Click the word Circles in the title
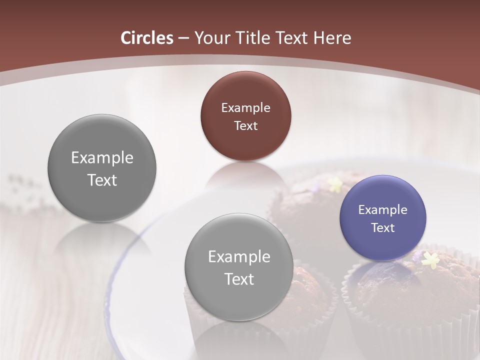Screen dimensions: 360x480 (147, 38)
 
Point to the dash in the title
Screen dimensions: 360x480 (183, 38)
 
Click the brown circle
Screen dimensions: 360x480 (245, 116)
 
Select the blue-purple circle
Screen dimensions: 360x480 (383, 218)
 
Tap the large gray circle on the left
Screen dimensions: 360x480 (102, 168)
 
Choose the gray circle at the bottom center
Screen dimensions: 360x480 (239, 267)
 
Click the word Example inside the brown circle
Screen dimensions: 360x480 (245, 107)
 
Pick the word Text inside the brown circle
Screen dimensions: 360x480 (245, 125)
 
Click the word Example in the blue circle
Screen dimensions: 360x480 (383, 209)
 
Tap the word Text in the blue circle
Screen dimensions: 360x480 (383, 227)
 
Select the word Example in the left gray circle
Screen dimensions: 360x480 (102, 157)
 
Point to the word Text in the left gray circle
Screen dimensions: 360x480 (102, 180)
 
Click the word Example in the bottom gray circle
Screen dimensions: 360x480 (239, 256)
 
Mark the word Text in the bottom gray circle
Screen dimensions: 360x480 (239, 279)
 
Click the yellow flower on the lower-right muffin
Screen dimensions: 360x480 (430, 259)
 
